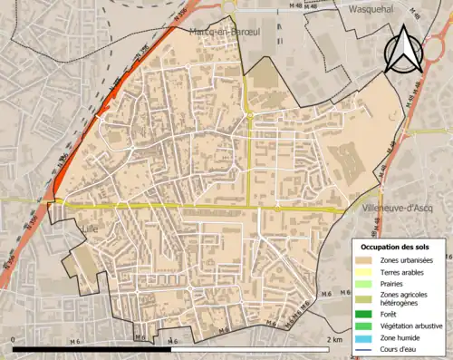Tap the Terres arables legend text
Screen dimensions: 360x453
[x=407, y=271]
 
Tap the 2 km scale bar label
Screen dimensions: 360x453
[x=336, y=339]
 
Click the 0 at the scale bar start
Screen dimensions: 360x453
[x=14, y=339]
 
